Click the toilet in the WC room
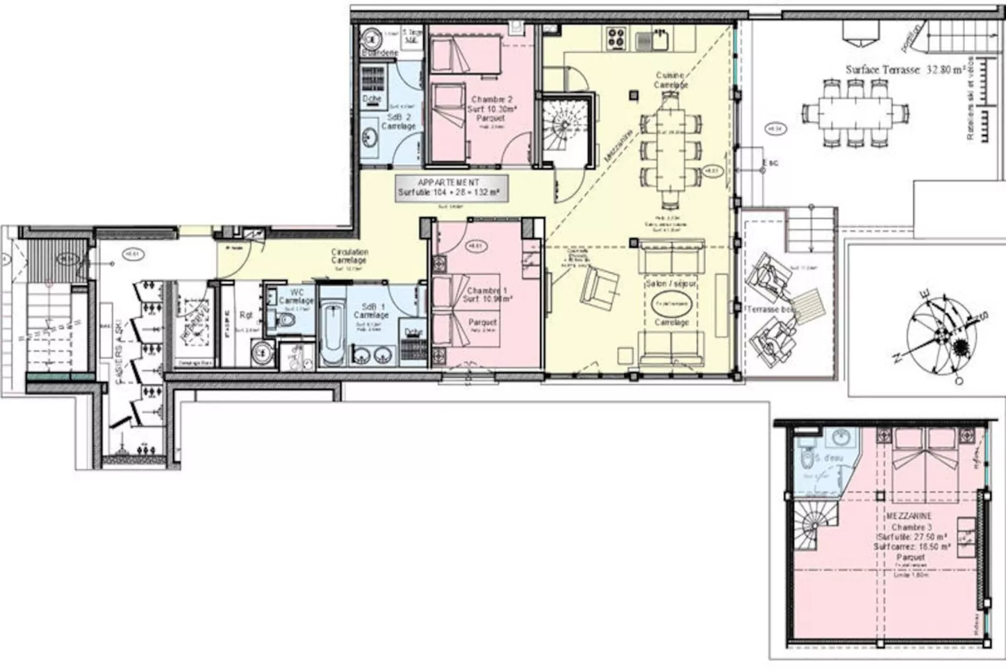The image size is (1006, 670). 286,320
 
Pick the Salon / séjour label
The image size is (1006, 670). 671,284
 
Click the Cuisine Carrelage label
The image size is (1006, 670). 670,80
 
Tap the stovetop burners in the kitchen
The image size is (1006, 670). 615,39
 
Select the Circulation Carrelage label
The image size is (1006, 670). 349,256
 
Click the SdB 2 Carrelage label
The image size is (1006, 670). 398,121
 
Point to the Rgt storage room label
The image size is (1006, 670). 246,315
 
